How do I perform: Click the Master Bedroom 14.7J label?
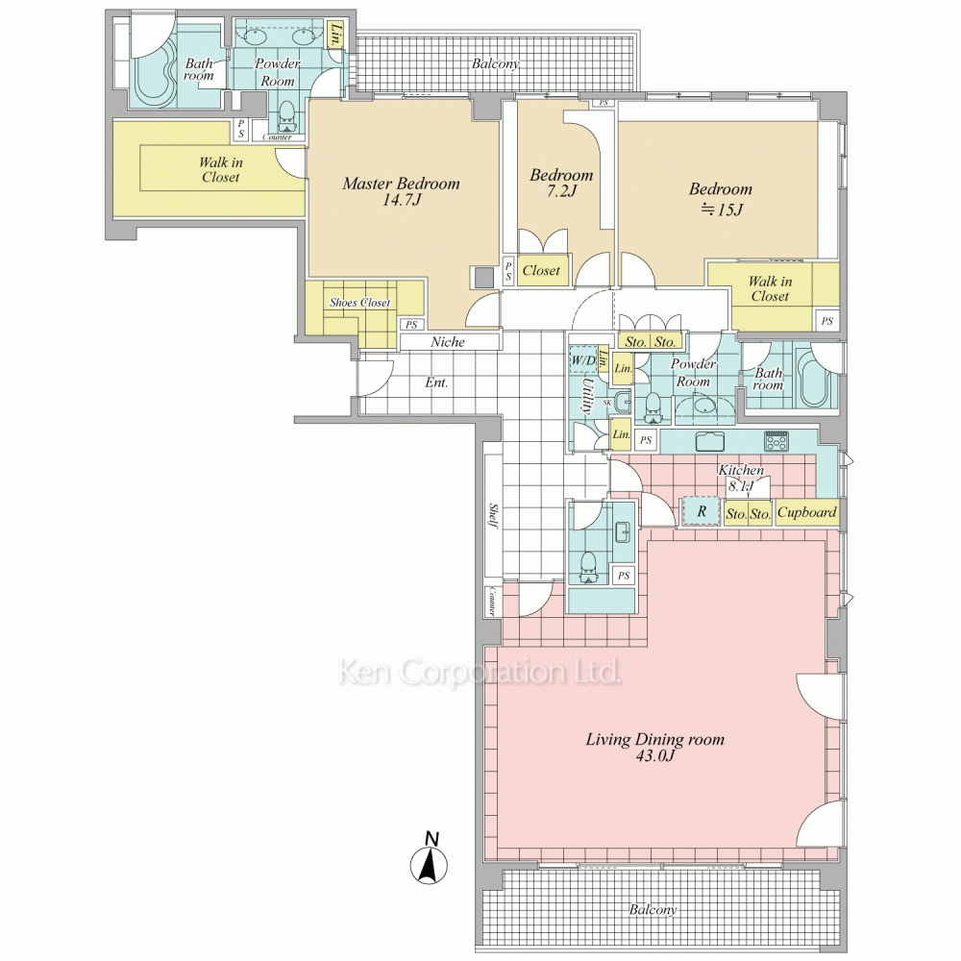[401, 191]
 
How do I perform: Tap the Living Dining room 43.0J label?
[654, 747]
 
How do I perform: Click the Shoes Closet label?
[359, 302]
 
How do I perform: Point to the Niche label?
[448, 342]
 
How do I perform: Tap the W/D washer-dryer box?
[583, 360]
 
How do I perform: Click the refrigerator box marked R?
[702, 511]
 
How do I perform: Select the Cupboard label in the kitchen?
[806, 512]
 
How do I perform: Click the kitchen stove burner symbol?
[776, 441]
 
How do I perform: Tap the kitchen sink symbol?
[710, 441]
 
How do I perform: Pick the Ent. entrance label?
[436, 383]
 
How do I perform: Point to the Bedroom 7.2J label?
[561, 183]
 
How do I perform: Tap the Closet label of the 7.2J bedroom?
[541, 270]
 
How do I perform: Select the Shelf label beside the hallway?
[493, 516]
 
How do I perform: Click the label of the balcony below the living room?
[653, 909]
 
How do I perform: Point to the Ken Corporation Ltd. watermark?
[480, 672]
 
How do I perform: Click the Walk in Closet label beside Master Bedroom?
[221, 170]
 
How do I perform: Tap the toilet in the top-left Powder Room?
[286, 116]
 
